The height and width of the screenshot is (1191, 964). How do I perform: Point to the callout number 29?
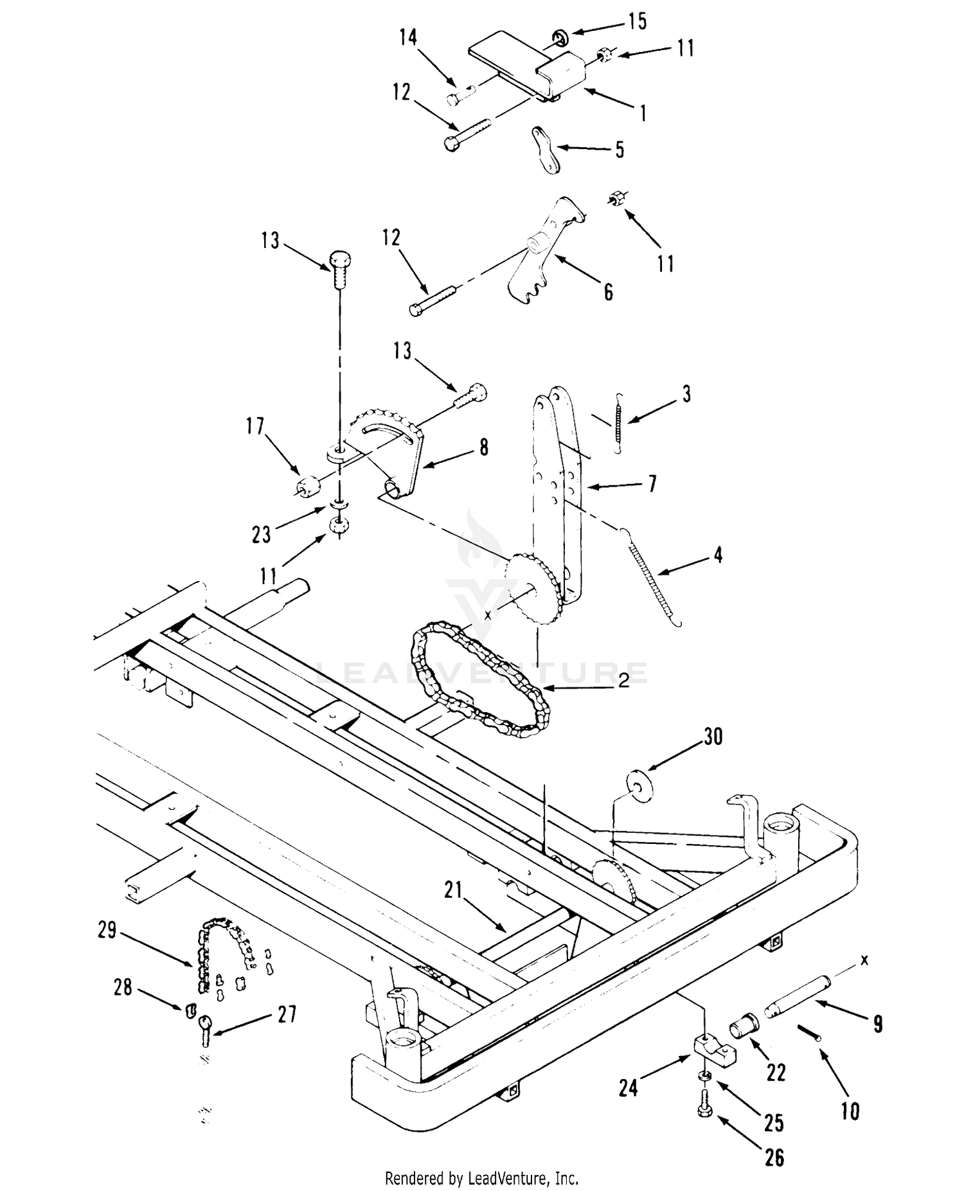[x=107, y=930]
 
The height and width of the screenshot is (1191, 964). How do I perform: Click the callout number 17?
[x=255, y=426]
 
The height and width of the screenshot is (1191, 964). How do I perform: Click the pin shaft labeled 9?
[x=796, y=998]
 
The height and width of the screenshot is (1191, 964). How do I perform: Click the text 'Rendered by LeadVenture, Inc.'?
[x=482, y=1178]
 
